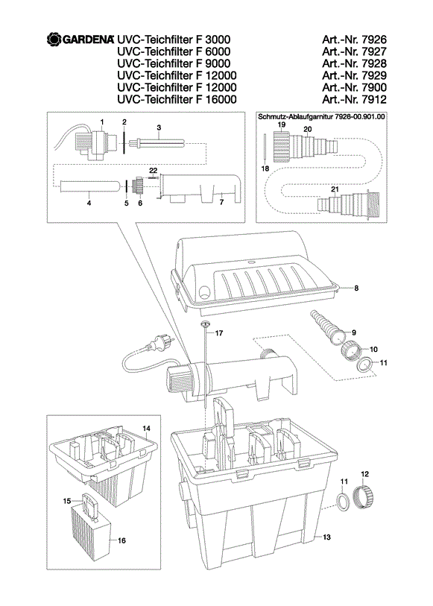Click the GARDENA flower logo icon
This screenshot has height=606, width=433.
pyautogui.click(x=54, y=40)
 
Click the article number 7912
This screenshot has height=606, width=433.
pyautogui.click(x=374, y=99)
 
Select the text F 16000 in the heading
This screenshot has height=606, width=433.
pyautogui.click(x=216, y=99)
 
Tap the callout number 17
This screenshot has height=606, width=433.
pyautogui.click(x=219, y=333)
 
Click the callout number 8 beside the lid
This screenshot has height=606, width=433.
pyautogui.click(x=356, y=288)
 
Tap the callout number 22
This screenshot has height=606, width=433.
pyautogui.click(x=154, y=171)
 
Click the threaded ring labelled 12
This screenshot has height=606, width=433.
pyautogui.click(x=364, y=497)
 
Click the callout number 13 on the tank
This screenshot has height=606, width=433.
pyautogui.click(x=326, y=537)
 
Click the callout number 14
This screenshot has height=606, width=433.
pyautogui.click(x=146, y=429)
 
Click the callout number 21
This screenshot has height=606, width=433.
pyautogui.click(x=335, y=189)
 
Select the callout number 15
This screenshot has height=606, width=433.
pyautogui.click(x=67, y=501)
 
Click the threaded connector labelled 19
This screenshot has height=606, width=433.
pyautogui.click(x=282, y=146)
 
